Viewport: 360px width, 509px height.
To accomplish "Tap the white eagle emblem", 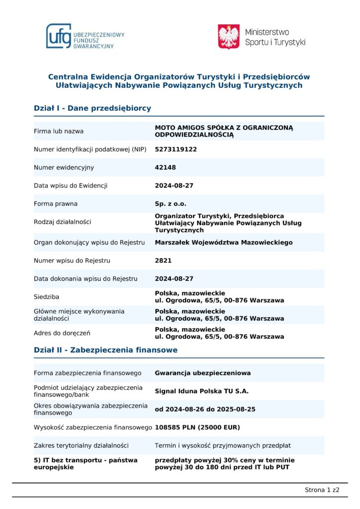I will tap(229, 37).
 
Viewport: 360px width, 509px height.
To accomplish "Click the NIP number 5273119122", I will tap(176, 149).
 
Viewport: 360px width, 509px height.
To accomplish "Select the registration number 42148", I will tap(166, 168).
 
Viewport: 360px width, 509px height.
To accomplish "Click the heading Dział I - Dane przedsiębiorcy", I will tap(92, 108).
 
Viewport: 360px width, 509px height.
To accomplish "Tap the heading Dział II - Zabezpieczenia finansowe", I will tap(105, 350).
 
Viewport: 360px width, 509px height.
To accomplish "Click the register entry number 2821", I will tap(163, 260).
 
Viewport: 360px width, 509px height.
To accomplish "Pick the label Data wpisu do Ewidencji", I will tap(71, 186).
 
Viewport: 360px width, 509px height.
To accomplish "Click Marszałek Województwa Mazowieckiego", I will tap(224, 243).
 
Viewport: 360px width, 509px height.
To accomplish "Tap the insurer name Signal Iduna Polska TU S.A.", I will tap(202, 391).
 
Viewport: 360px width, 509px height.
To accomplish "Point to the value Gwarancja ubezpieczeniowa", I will tap(203, 373).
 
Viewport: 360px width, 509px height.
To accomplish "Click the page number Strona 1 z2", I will tap(322, 490).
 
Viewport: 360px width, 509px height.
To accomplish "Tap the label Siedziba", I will tap(47, 297).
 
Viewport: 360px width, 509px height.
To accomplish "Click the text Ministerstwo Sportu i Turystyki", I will tap(275, 37).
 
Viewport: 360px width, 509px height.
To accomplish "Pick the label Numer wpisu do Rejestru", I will tap(72, 260).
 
